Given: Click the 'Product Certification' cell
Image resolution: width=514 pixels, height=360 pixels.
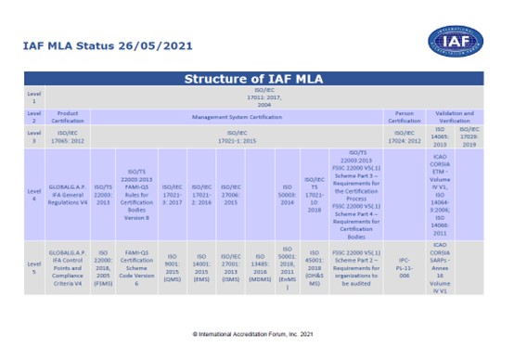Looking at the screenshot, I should pyautogui.click(x=67, y=117).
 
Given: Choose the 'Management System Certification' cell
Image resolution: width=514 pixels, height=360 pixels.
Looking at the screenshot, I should pyautogui.click(x=237, y=117).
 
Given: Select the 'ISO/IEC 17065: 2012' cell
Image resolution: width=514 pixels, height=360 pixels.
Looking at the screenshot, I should pyautogui.click(x=67, y=137).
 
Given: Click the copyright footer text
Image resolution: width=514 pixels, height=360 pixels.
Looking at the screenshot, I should pyautogui.click(x=257, y=331).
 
